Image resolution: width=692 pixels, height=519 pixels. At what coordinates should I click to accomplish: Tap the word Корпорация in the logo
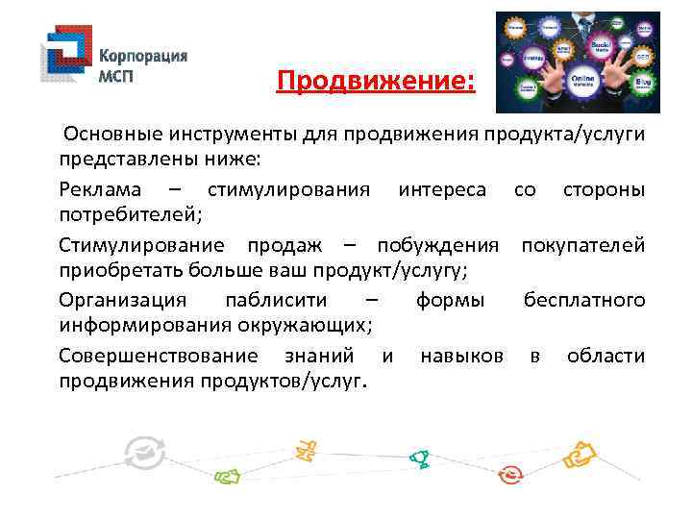(x=144, y=56)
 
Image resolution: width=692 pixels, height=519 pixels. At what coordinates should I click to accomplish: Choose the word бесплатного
(x=584, y=302)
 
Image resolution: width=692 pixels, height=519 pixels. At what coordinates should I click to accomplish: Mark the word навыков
(x=461, y=357)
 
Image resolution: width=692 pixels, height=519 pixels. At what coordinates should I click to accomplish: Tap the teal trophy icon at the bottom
(x=418, y=458)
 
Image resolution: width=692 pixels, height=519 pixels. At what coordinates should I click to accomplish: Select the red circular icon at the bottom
(x=510, y=475)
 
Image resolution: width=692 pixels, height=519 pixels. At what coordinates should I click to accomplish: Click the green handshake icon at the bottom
(x=226, y=475)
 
